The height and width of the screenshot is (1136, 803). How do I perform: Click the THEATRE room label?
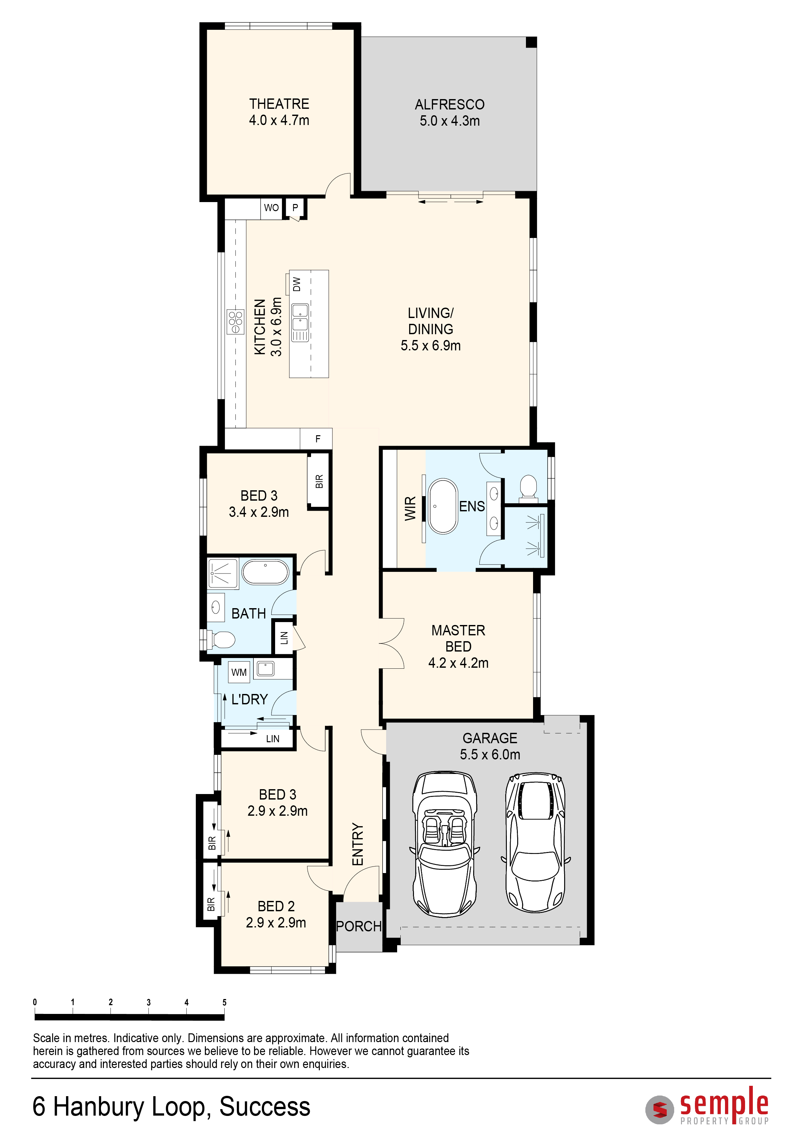279,104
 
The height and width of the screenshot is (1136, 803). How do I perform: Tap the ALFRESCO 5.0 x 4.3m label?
450,112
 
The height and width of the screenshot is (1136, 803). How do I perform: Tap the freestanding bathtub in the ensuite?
443,506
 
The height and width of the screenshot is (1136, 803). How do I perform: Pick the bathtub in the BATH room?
265,573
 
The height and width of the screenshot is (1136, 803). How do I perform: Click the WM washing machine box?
239,672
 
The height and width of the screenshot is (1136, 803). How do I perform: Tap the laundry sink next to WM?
265,669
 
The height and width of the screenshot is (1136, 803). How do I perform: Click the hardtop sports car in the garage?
536,842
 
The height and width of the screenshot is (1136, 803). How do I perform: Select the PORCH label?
359,926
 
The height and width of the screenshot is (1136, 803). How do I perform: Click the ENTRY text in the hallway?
358,845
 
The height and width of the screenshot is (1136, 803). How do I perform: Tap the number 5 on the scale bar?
225,1002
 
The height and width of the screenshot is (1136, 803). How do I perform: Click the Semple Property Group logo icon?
660,1110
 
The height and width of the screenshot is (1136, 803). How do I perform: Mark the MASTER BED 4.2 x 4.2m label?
458,646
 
